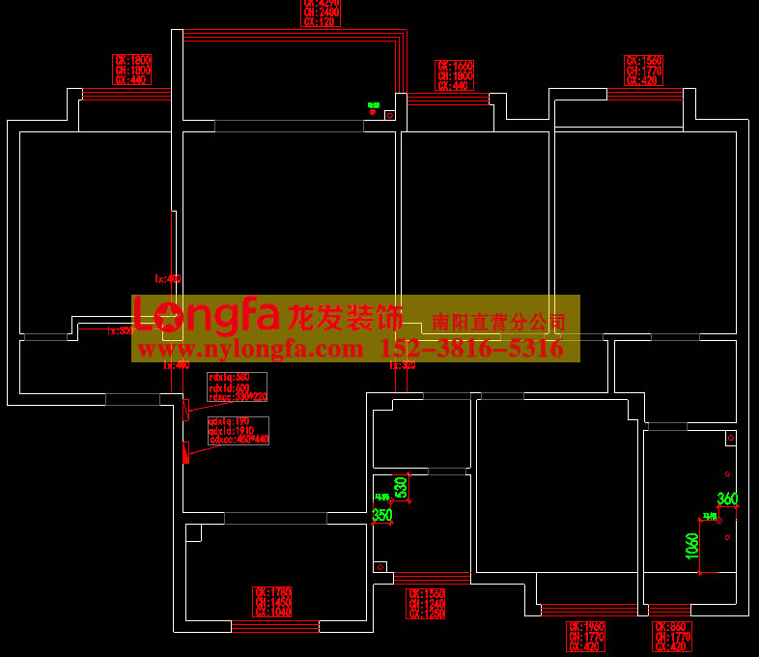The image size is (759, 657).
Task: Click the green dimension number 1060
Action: click(x=691, y=552)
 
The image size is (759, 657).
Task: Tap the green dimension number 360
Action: click(x=727, y=499)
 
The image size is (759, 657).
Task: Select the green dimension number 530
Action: click(x=401, y=487)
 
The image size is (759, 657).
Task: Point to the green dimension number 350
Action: click(x=382, y=515)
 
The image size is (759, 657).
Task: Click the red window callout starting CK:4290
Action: click(x=321, y=13)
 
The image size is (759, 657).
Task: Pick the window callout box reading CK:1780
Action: click(x=272, y=602)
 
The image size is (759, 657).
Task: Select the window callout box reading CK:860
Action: click(x=671, y=637)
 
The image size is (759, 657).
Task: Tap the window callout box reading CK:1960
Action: click(x=586, y=637)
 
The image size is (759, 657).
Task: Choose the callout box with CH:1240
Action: click(x=426, y=604)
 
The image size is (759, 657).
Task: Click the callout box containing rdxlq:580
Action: click(x=237, y=386)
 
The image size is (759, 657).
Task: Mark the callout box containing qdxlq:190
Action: click(x=238, y=430)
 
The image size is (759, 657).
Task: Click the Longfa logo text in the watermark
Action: click(x=207, y=314)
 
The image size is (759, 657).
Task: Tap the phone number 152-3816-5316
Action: click(x=473, y=349)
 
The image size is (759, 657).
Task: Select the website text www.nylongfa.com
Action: click(x=252, y=349)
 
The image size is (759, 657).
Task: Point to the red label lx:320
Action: click(x=402, y=365)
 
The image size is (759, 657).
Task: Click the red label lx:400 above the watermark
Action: click(x=168, y=279)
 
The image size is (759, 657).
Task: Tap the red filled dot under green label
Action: click(x=373, y=112)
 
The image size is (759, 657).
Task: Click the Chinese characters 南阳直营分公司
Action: click(x=499, y=322)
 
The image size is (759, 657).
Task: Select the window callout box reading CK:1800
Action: click(x=132, y=71)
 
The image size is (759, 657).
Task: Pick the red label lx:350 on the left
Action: click(x=120, y=330)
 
